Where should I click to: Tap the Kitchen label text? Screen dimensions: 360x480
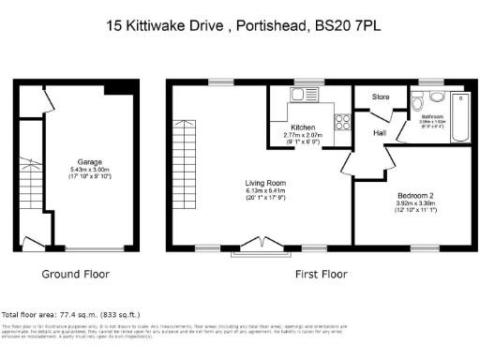pyautogui.click(x=302, y=127)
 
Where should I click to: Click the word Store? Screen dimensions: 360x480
pyautogui.click(x=381, y=97)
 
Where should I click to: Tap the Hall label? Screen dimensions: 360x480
pyautogui.click(x=379, y=133)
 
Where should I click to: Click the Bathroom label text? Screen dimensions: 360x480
pyautogui.click(x=431, y=116)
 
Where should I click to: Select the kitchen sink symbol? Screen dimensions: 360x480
pyautogui.click(x=307, y=95)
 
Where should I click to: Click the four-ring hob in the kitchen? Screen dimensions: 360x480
pyautogui.click(x=342, y=120)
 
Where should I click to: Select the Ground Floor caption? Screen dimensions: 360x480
pyautogui.click(x=77, y=275)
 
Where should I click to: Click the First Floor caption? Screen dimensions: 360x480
pyautogui.click(x=322, y=275)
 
